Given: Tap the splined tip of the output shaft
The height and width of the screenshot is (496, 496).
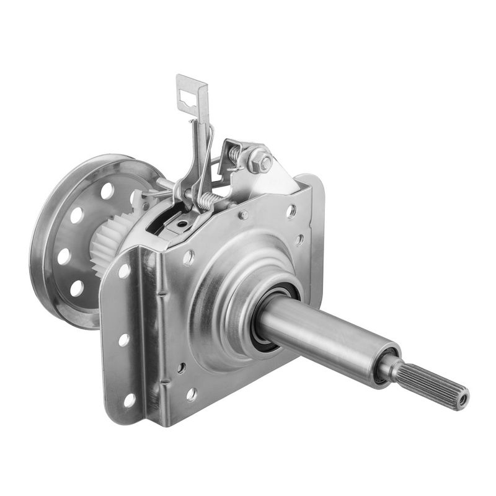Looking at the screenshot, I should click(x=434, y=384).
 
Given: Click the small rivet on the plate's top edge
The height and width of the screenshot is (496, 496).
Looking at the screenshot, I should click(x=244, y=215).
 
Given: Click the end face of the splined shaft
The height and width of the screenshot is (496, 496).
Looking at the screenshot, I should click(x=463, y=400).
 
